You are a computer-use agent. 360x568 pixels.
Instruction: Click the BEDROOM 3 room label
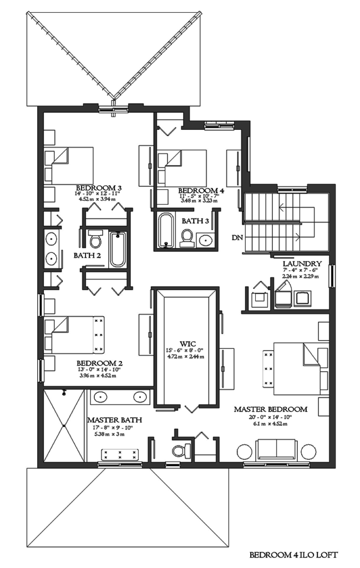[x=99, y=187]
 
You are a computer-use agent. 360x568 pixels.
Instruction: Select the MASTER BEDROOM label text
[x=270, y=409]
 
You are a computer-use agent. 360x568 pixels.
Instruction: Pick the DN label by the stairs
[x=236, y=238]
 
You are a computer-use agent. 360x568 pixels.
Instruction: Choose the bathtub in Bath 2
[x=118, y=249]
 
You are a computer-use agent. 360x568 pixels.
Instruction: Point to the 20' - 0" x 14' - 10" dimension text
[x=270, y=417]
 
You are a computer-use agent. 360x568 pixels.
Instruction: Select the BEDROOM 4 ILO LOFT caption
[x=293, y=555]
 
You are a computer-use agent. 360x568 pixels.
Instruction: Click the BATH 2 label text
[x=86, y=256]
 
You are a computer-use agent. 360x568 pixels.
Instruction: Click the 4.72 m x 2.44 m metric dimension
[x=186, y=357]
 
